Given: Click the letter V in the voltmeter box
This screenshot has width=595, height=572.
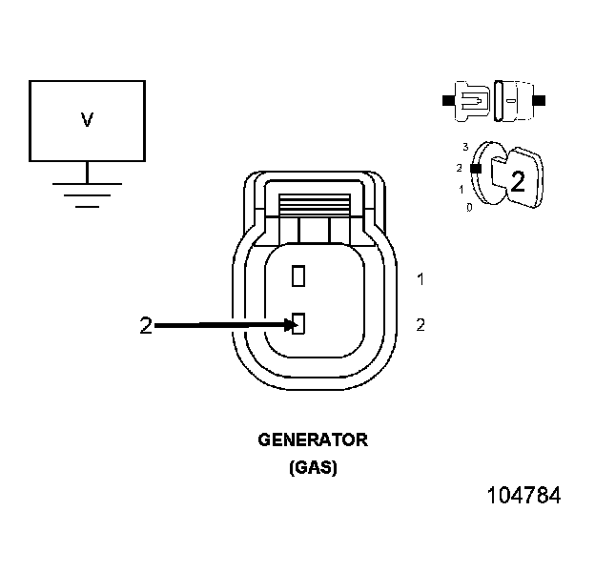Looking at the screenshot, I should click(x=87, y=120).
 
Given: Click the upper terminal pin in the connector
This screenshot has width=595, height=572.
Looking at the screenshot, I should click(x=298, y=276).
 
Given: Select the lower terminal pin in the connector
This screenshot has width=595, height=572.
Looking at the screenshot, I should click(x=298, y=325).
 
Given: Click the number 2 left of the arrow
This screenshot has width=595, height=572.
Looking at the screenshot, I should click(x=145, y=326).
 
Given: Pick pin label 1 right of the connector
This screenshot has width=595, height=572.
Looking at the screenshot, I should click(x=421, y=279).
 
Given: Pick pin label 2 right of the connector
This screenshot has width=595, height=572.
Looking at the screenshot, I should click(x=421, y=325).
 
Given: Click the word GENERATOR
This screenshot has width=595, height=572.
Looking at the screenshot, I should click(x=313, y=440).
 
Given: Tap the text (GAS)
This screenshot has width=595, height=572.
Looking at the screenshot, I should click(x=313, y=468).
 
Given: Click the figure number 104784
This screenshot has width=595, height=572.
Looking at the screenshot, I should click(x=523, y=497).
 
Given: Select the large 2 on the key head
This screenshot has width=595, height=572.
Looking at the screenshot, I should click(x=517, y=181).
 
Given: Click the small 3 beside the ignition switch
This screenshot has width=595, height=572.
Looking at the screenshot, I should click(x=464, y=147).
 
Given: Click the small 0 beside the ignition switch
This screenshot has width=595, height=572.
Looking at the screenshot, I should click(x=469, y=206).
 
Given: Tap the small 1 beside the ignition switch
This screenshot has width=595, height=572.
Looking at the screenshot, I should click(x=462, y=189).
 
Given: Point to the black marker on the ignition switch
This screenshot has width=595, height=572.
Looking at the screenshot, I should click(x=474, y=169).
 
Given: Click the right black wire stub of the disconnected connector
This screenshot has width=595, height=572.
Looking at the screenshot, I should click(x=540, y=98).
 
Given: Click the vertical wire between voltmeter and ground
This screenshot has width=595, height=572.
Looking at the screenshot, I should click(x=87, y=171).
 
